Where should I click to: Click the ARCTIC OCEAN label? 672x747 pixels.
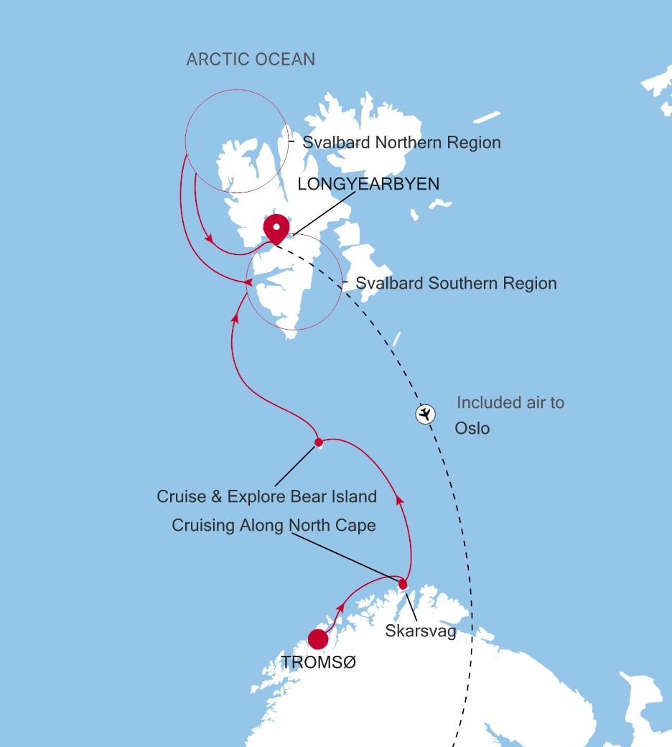click(251, 60)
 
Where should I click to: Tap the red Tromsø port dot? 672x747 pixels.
click(317, 639)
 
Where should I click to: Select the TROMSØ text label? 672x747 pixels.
click(318, 663)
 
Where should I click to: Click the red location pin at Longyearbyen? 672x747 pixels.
click(276, 228)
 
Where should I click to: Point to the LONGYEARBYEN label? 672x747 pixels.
click(368, 185)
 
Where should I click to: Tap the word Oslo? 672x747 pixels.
click(472, 429)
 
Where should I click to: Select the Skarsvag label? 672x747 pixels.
click(421, 631)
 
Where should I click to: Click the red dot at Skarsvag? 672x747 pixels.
click(403, 584)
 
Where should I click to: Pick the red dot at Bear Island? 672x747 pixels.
click(319, 442)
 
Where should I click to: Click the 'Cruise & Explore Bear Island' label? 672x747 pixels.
click(266, 496)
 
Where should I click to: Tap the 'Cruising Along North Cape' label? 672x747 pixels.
click(274, 526)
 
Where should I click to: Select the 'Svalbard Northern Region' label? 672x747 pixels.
click(401, 142)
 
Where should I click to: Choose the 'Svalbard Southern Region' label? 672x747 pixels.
click(456, 283)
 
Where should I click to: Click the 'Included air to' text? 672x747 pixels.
click(510, 403)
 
